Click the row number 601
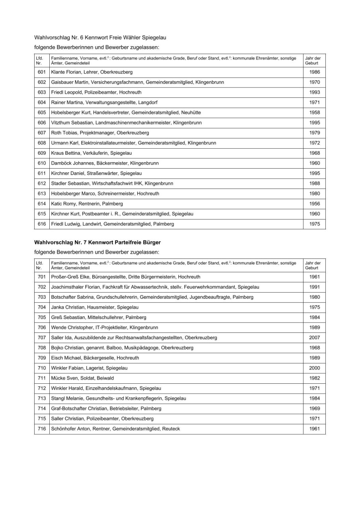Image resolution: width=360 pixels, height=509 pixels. click(x=42, y=72)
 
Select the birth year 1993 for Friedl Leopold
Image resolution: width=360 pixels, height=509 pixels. click(x=314, y=93)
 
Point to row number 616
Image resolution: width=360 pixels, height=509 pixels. click(x=42, y=224)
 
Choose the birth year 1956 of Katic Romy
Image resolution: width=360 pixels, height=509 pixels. click(x=314, y=204)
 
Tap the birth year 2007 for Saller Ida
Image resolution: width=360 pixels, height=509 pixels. click(x=314, y=338)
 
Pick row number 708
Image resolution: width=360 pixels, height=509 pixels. click(x=42, y=348)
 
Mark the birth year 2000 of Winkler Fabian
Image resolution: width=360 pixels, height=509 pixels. click(x=314, y=368)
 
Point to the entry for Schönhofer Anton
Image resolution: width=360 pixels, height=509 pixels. click(x=115, y=429)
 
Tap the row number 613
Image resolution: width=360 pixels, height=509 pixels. click(x=42, y=194)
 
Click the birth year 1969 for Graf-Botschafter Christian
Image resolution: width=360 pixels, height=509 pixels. click(x=314, y=409)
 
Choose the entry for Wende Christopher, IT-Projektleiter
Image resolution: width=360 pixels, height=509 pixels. click(x=105, y=328)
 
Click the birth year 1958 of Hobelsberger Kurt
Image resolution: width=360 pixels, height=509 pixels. click(x=314, y=113)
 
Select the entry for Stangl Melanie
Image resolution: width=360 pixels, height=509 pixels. click(x=119, y=398)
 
